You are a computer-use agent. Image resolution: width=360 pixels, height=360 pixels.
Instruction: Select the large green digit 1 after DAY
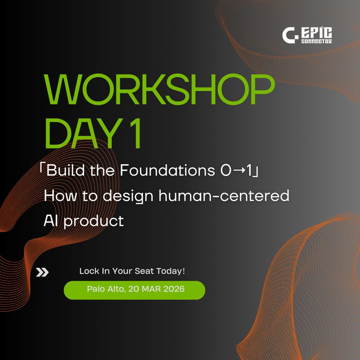click(134, 133)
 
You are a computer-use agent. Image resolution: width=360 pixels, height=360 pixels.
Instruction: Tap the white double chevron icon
click(42, 272)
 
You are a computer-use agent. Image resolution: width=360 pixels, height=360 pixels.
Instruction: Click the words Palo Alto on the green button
click(104, 289)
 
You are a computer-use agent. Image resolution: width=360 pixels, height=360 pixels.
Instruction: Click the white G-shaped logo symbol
click(289, 35)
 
